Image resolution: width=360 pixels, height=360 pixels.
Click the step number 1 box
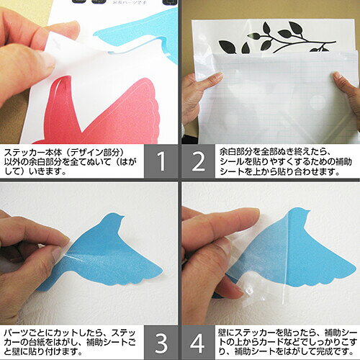pos(161,161)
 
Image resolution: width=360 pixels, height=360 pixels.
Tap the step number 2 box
pos(198,161)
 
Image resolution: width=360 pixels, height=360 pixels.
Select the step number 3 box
pos(161,343)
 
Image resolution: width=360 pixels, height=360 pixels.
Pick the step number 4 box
pos(198,343)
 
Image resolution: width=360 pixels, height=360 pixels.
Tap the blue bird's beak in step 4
pos(307,212)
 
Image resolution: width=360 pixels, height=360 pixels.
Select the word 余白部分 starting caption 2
pos(235,152)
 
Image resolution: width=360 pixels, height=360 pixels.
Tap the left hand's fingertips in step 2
pos(214,78)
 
